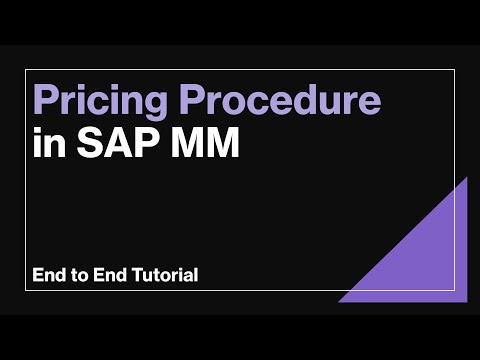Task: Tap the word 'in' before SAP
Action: pyautogui.click(x=47, y=143)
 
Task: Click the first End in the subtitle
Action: pyautogui.click(x=49, y=274)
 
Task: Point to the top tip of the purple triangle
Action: pyautogui.click(x=466, y=178)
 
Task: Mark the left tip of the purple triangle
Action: pyautogui.click(x=338, y=301)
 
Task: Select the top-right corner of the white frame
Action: pyautogui.click(x=455, y=70)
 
